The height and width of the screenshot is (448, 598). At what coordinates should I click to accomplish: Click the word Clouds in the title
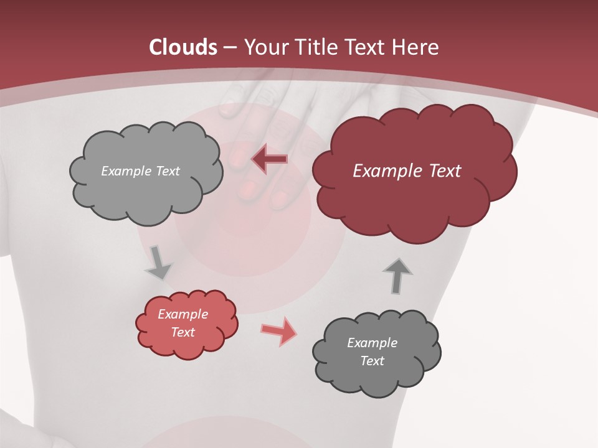pyautogui.click(x=183, y=47)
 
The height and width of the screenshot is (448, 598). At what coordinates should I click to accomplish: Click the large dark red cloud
pyautogui.click(x=414, y=199)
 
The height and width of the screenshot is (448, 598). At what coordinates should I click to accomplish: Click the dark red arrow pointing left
pyautogui.click(x=270, y=159)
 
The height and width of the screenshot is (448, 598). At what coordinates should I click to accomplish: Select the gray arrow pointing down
pyautogui.click(x=158, y=263)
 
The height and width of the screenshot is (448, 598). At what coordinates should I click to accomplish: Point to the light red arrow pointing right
pyautogui.click(x=279, y=331)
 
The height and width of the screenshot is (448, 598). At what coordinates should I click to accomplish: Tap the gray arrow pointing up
pyautogui.click(x=397, y=276)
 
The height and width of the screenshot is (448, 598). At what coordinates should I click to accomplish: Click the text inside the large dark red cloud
pyautogui.click(x=407, y=170)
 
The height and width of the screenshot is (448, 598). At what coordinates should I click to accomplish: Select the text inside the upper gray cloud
pyautogui.click(x=140, y=170)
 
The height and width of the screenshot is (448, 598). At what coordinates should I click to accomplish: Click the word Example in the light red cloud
pyautogui.click(x=183, y=314)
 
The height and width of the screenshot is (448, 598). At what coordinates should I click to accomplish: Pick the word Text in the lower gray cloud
pyautogui.click(x=372, y=361)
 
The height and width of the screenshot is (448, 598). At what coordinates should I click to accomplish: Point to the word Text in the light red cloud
pyautogui.click(x=183, y=332)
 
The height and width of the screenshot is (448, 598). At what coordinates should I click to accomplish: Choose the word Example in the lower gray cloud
pyautogui.click(x=372, y=343)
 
